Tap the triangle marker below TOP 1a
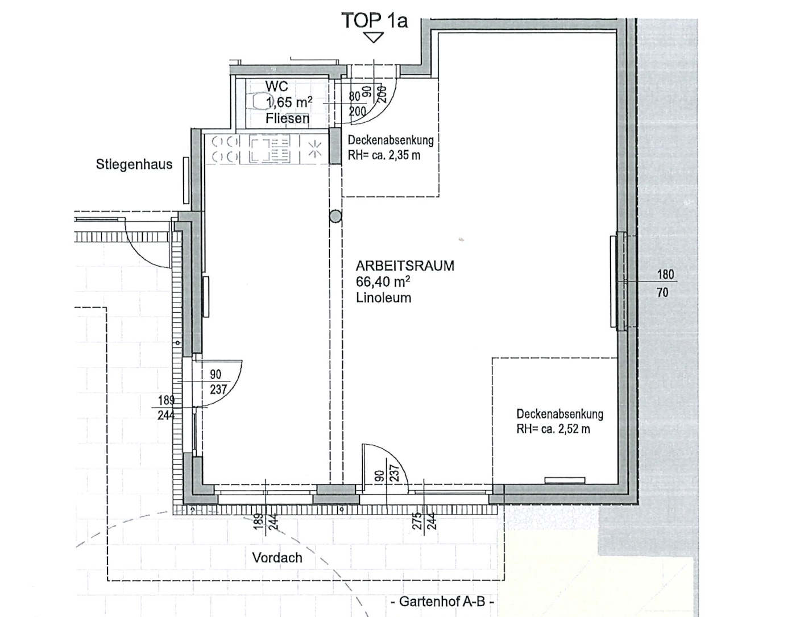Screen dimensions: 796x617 pos(374,38)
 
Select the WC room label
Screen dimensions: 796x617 pos(276,86)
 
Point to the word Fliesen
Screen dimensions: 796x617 pos(288,118)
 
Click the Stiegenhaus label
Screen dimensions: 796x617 pos(134,164)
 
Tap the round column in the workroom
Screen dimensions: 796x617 pos(335,217)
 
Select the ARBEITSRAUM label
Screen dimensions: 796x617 pos(405,266)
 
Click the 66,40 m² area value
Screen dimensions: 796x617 pos(383,281)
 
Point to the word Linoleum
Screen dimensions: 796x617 pos(384,297)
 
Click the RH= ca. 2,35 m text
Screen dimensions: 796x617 pos(384,155)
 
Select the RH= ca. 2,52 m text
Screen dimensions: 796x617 pos(553,429)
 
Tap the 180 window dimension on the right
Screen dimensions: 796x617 pos(666,275)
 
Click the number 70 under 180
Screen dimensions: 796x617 pos(662,292)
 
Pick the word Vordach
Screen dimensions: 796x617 pos(277,558)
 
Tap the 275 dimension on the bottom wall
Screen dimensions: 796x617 pos(417,521)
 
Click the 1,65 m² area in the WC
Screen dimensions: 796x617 pos(289,102)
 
